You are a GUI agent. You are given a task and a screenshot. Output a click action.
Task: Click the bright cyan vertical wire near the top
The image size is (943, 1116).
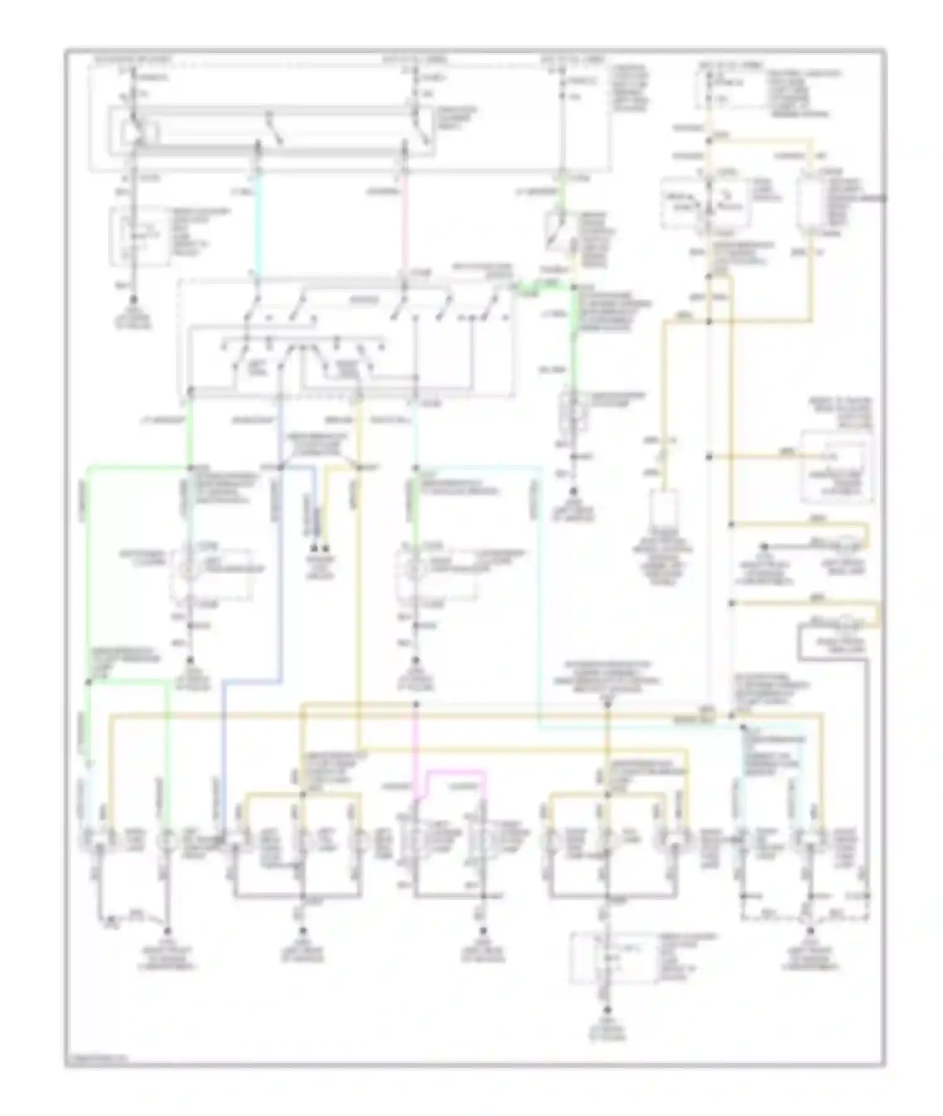point(257,220)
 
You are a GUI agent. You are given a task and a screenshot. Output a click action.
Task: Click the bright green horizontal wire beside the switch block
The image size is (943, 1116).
point(541,288)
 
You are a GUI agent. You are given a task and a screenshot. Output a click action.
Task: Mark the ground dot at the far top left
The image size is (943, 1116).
point(133,304)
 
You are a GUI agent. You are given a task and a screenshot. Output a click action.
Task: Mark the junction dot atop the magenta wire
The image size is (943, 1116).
point(416,705)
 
